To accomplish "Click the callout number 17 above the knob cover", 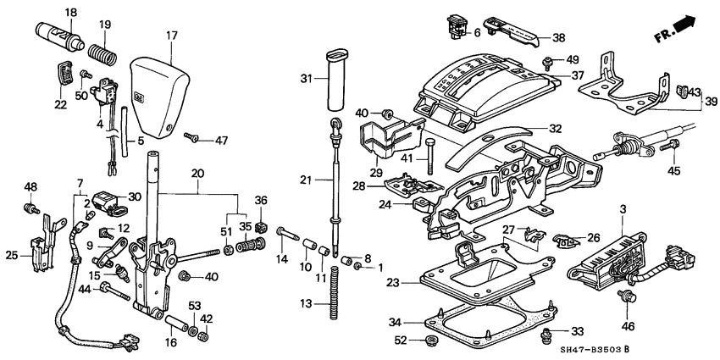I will point(172,36).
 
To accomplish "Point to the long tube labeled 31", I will point(331,80).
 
